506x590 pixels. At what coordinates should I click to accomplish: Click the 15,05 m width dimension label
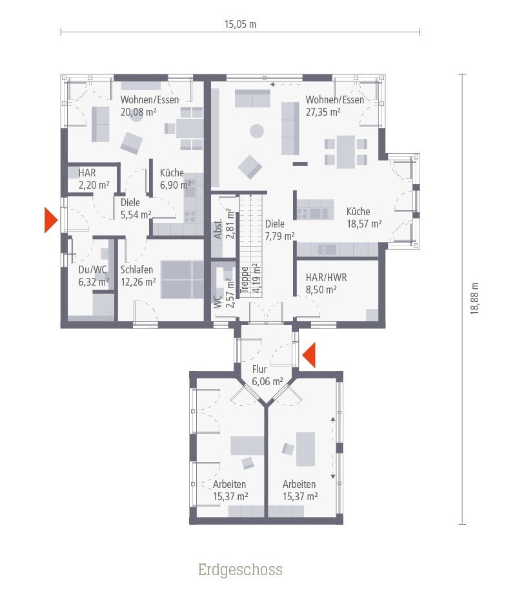click(x=240, y=25)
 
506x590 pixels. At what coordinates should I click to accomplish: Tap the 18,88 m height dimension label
click(x=474, y=299)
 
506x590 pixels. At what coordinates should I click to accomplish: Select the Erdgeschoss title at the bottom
click(x=240, y=570)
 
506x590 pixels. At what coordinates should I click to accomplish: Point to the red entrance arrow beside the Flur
click(x=309, y=355)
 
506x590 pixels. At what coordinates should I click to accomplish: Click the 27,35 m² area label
click(x=323, y=111)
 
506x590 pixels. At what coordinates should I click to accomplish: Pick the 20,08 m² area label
click(x=138, y=111)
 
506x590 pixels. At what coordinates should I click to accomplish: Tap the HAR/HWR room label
click(x=326, y=277)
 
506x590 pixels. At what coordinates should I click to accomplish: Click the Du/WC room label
click(x=92, y=270)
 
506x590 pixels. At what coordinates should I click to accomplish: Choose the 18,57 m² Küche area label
click(x=363, y=223)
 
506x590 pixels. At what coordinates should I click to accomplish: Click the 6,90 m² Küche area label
click(x=176, y=185)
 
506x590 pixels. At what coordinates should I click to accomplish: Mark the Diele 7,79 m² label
click(x=279, y=230)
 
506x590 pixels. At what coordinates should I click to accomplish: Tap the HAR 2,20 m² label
click(x=94, y=179)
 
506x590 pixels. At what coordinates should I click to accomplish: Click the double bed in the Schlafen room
click(x=183, y=279)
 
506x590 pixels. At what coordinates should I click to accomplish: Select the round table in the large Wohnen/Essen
click(x=257, y=131)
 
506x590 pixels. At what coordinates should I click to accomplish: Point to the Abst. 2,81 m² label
click(x=224, y=224)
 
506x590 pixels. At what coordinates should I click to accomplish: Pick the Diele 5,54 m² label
click(x=136, y=208)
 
